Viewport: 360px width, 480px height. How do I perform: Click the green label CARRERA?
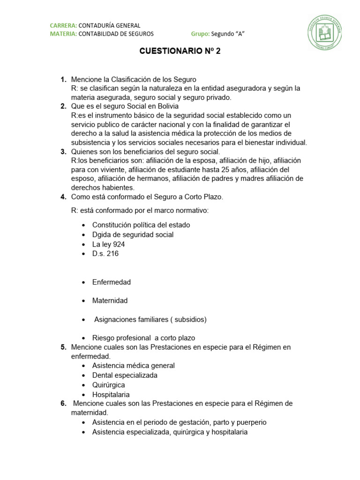[x=63, y=25]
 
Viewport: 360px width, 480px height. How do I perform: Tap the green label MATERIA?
[x=63, y=34]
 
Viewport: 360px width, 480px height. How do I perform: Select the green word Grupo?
[x=200, y=34]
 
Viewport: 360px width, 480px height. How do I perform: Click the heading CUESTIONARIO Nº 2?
[x=180, y=52]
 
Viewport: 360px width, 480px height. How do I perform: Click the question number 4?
[x=63, y=197]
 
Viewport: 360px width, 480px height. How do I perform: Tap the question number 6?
[x=63, y=403]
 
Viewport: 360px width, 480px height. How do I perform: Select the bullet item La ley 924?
[x=108, y=244]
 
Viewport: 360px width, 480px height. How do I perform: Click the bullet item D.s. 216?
[x=105, y=254]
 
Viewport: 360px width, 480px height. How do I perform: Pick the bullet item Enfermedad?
[x=112, y=282]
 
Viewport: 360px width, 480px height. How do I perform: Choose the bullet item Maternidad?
[x=110, y=300]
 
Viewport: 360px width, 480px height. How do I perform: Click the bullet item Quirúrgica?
[x=108, y=385]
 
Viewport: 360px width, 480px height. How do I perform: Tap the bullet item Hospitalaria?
[x=111, y=395]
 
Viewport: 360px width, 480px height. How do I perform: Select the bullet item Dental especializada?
[x=125, y=375]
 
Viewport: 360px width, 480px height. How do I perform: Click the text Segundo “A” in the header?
[x=228, y=34]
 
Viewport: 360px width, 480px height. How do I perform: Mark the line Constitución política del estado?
[x=141, y=225]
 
